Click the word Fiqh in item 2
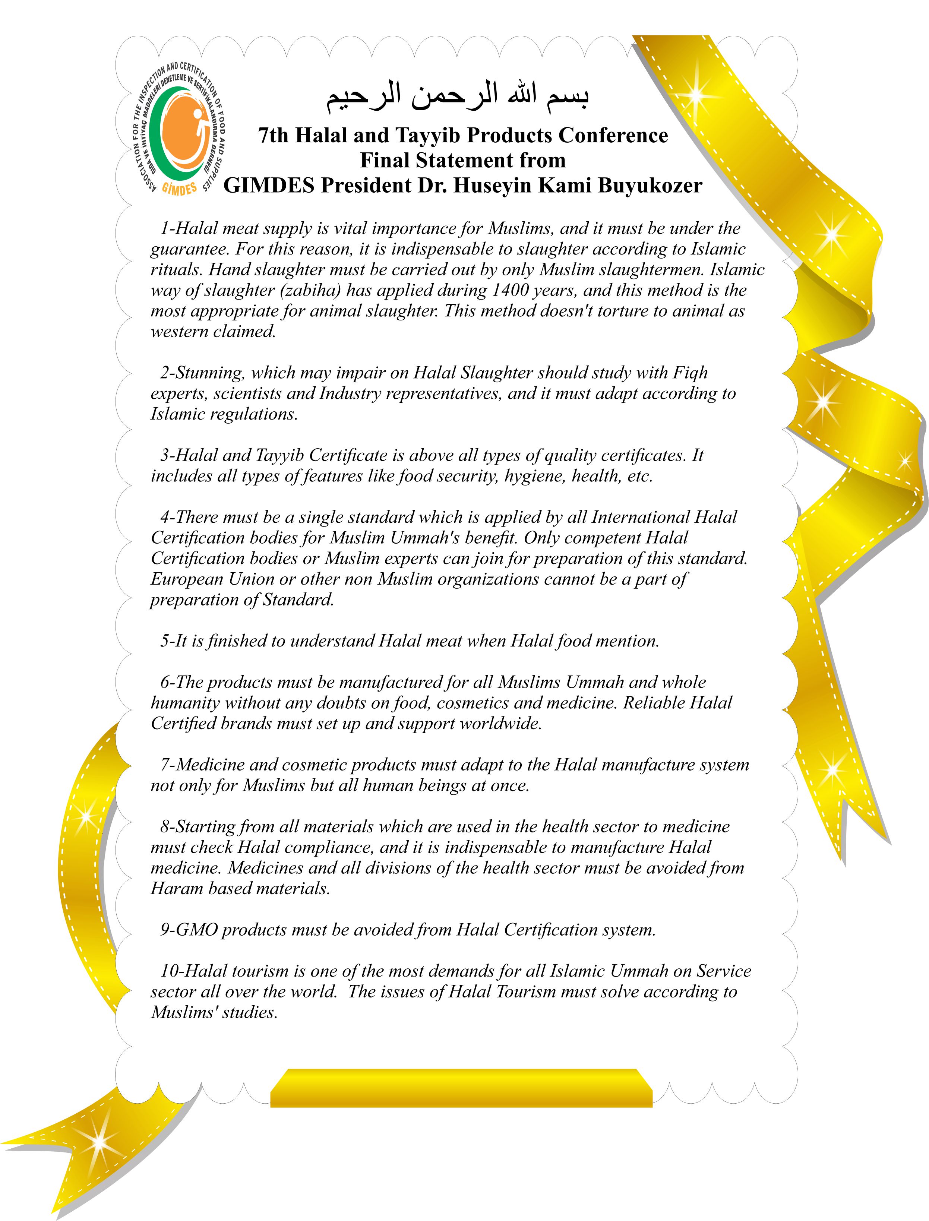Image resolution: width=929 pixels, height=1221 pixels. (x=690, y=373)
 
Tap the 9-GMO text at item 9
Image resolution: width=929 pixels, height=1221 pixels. (x=189, y=930)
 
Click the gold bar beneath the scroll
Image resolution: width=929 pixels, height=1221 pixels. (x=461, y=1088)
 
